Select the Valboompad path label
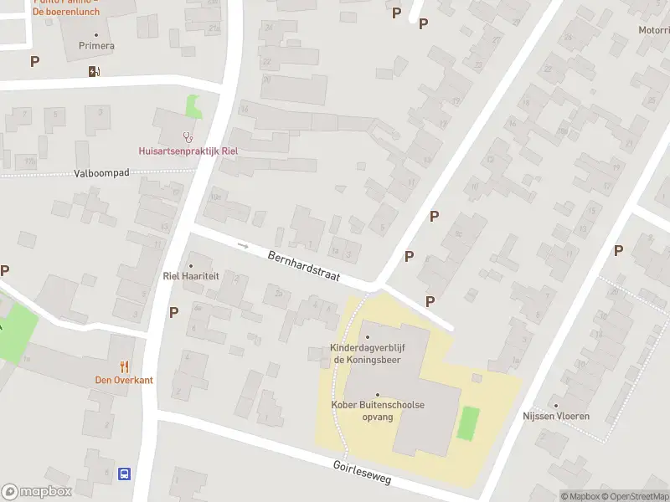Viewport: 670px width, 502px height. click(x=100, y=174)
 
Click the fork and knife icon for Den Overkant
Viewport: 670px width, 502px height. click(x=124, y=366)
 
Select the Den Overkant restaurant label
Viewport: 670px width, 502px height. click(x=124, y=380)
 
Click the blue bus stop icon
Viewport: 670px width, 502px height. click(x=125, y=474)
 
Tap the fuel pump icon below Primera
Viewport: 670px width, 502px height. click(x=94, y=71)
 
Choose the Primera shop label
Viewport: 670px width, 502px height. click(x=96, y=46)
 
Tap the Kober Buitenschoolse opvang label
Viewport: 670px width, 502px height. click(x=377, y=410)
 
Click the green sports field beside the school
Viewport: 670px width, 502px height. click(x=468, y=423)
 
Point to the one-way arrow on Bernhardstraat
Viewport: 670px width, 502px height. click(x=243, y=246)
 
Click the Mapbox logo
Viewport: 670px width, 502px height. click(x=37, y=492)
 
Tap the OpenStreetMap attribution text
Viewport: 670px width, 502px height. click(x=634, y=496)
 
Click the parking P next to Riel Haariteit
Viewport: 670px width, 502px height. click(x=174, y=312)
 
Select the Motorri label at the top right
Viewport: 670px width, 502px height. click(x=653, y=30)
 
